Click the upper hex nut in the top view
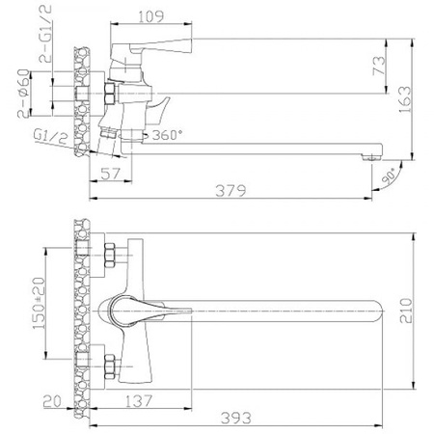click(111, 257)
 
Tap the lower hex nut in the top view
click(111, 365)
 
